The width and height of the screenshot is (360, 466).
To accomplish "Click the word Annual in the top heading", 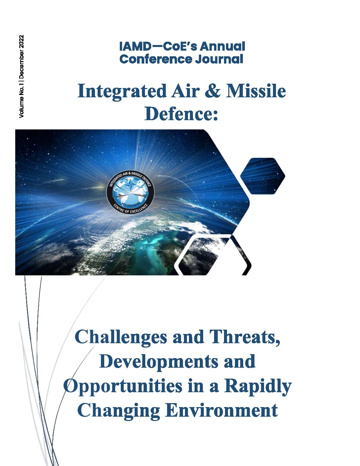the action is tap(222, 47).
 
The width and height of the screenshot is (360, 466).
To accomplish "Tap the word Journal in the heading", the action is tap(219, 59).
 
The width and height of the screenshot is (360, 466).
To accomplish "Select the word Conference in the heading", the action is tap(156, 59).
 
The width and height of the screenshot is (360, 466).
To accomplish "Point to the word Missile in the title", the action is tap(256, 91).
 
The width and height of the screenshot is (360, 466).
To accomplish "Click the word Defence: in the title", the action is tap(181, 114).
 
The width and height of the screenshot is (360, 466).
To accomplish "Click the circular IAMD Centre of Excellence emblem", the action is tap(130, 192).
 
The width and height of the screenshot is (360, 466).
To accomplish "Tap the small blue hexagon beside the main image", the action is tap(263, 176).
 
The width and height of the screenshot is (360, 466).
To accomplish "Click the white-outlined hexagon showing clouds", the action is tap(213, 255).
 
